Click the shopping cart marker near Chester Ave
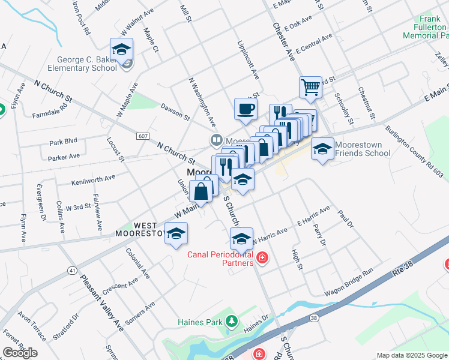(x=310, y=88)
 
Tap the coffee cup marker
(x=246, y=109)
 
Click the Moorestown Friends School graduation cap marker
(x=322, y=148)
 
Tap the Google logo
(x=20, y=353)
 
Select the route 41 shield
(x=72, y=271)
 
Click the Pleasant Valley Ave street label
(x=103, y=303)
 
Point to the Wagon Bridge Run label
(x=349, y=284)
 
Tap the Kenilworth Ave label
(x=93, y=179)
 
